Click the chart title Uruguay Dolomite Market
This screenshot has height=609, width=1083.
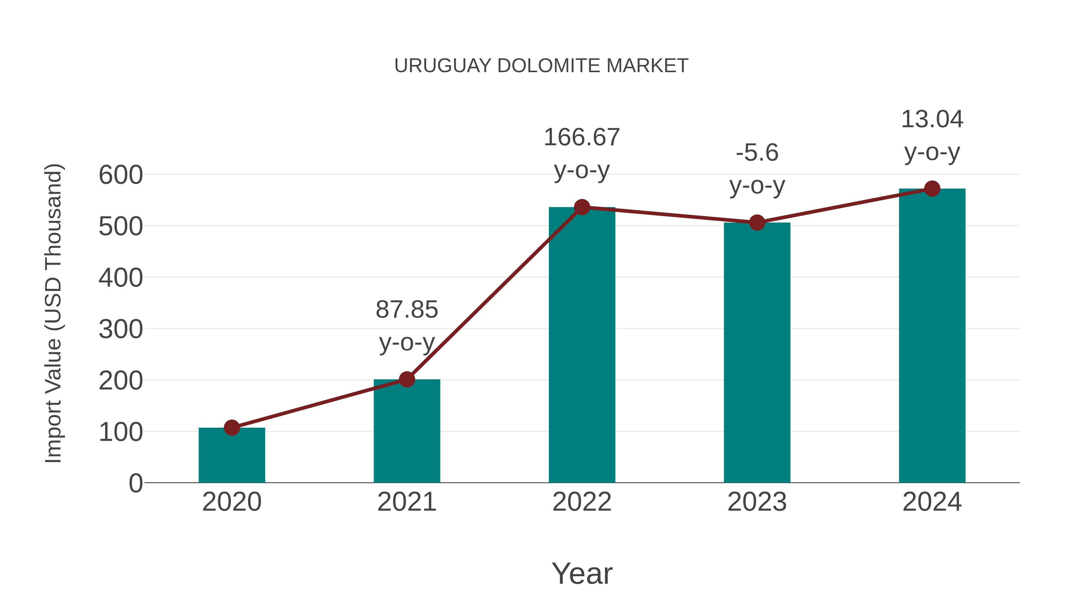tap(541, 66)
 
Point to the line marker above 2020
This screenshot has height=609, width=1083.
tap(232, 428)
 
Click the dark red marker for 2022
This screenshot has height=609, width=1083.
tap(582, 207)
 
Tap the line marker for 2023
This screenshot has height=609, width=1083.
tap(757, 223)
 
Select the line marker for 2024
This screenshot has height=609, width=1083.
tap(932, 189)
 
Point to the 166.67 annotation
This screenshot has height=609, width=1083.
tap(582, 137)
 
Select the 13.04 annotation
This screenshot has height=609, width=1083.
tap(932, 119)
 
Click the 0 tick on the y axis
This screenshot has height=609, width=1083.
tap(135, 483)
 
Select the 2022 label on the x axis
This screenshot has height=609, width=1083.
tap(582, 502)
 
